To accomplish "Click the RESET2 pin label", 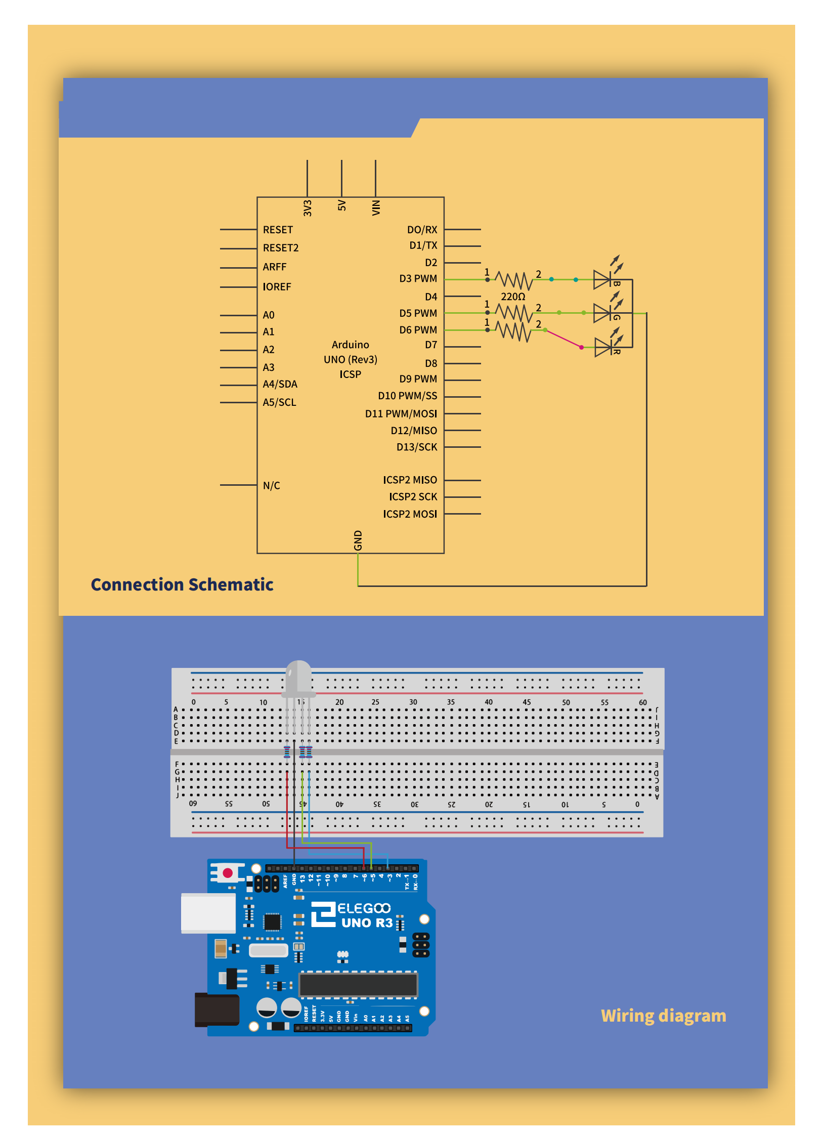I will pos(281,248).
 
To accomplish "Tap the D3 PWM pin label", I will pos(418,279).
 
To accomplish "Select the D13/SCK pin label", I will pos(416,447).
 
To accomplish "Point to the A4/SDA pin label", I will pos(280,385).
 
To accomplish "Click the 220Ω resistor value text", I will pos(513,297).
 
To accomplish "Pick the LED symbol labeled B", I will pos(602,279).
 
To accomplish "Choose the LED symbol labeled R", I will pos(603,348).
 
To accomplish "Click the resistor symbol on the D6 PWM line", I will pos(513,331).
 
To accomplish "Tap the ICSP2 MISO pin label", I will pos(410,480).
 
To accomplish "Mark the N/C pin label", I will pos(271,486).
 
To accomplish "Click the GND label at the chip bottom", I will pos(358,540).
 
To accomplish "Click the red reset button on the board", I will pos(228,873).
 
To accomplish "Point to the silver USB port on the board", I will pos(208,913).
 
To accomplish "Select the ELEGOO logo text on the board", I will pos(364,909).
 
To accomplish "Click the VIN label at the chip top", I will pos(376,207).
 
